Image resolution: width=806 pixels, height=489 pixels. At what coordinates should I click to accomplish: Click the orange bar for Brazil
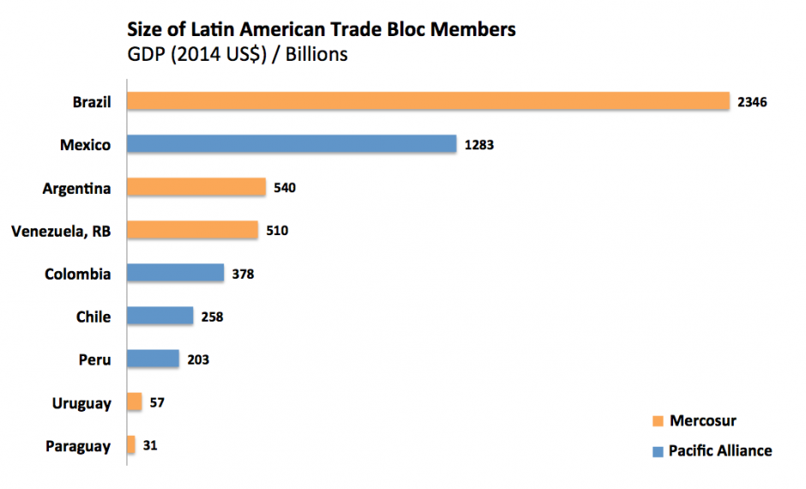427,101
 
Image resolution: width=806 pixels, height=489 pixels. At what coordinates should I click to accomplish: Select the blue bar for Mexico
292,144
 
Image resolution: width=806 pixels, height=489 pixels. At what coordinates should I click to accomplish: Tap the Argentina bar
195,187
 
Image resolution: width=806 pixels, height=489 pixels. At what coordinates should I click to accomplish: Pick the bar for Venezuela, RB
192,230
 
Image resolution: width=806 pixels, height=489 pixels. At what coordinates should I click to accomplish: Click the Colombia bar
175,273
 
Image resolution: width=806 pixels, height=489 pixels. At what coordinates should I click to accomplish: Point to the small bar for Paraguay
130,444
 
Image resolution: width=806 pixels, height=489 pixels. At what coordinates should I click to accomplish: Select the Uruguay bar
134,401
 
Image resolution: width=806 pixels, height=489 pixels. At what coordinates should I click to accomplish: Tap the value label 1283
478,145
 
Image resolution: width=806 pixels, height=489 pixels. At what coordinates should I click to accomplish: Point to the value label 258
212,317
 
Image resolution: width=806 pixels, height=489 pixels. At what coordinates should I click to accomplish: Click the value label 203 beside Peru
197,359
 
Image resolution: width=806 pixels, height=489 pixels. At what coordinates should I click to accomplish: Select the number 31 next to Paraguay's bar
150,445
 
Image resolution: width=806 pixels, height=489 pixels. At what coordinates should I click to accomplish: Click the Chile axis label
93,317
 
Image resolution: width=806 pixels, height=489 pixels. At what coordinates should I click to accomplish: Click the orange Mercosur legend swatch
658,421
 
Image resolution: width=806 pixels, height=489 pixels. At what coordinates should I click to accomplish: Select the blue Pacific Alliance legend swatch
658,451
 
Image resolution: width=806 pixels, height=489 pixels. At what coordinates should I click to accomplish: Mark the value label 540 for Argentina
285,188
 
